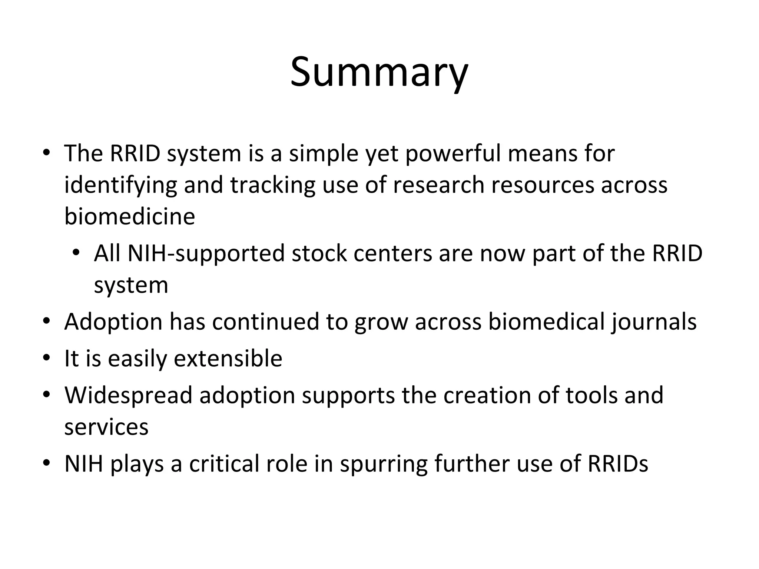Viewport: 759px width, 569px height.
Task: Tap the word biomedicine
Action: point(129,216)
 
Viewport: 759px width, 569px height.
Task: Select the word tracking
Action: point(272,185)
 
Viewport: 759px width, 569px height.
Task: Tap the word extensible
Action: point(228,359)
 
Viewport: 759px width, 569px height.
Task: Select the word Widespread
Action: point(128,395)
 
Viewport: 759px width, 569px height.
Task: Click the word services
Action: point(106,427)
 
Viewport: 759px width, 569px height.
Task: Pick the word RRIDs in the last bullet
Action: point(618,463)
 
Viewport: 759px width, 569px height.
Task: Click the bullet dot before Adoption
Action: point(46,321)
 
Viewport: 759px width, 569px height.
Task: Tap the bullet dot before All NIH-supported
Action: point(76,253)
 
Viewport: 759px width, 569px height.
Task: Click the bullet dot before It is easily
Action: point(46,358)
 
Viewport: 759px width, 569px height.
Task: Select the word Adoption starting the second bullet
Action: point(113,322)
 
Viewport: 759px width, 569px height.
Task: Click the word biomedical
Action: point(546,322)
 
